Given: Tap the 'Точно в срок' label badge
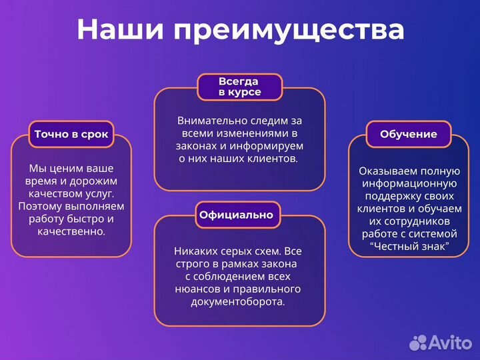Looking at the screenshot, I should [x=71, y=134].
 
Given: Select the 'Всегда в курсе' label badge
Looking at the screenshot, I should [x=240, y=87].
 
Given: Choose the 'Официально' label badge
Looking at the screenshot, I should [x=236, y=215].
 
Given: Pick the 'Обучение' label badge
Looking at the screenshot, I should [x=409, y=134].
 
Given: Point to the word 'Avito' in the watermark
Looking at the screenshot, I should [x=451, y=341].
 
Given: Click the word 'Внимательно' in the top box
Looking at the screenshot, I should [x=207, y=121].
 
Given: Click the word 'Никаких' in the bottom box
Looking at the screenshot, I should [x=195, y=251].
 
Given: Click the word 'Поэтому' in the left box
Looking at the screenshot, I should [x=39, y=206].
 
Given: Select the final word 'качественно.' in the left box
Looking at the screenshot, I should [x=71, y=231].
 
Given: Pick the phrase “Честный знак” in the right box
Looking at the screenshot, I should [x=409, y=247].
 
